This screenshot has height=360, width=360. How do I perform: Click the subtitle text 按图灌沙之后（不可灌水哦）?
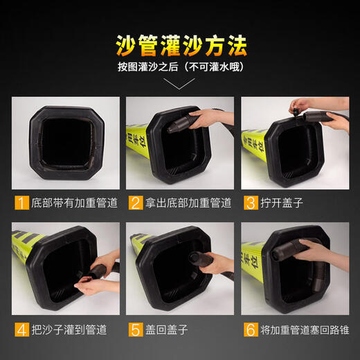tap(180, 69)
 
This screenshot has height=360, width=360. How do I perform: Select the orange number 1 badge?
tap(20, 204)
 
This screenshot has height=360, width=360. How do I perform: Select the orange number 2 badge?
tap(135, 204)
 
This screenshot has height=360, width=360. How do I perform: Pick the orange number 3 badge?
tap(250, 204)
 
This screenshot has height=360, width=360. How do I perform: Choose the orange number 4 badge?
tap(20, 329)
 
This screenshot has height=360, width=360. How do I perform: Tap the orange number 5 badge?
tap(135, 329)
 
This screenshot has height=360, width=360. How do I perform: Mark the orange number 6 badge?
tap(250, 329)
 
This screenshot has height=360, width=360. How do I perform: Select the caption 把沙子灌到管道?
tap(67, 329)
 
